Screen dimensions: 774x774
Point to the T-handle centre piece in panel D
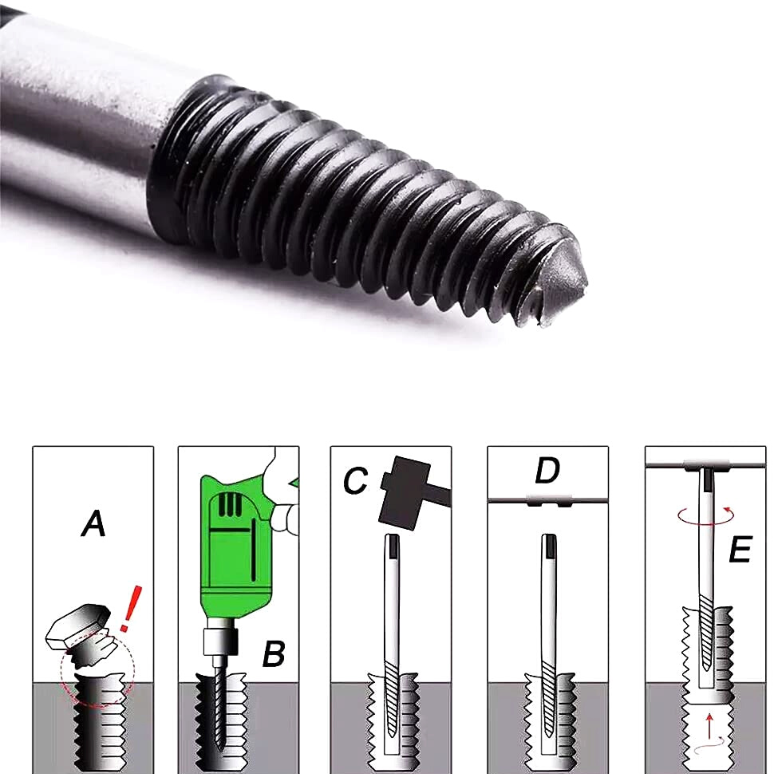point(548,500)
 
